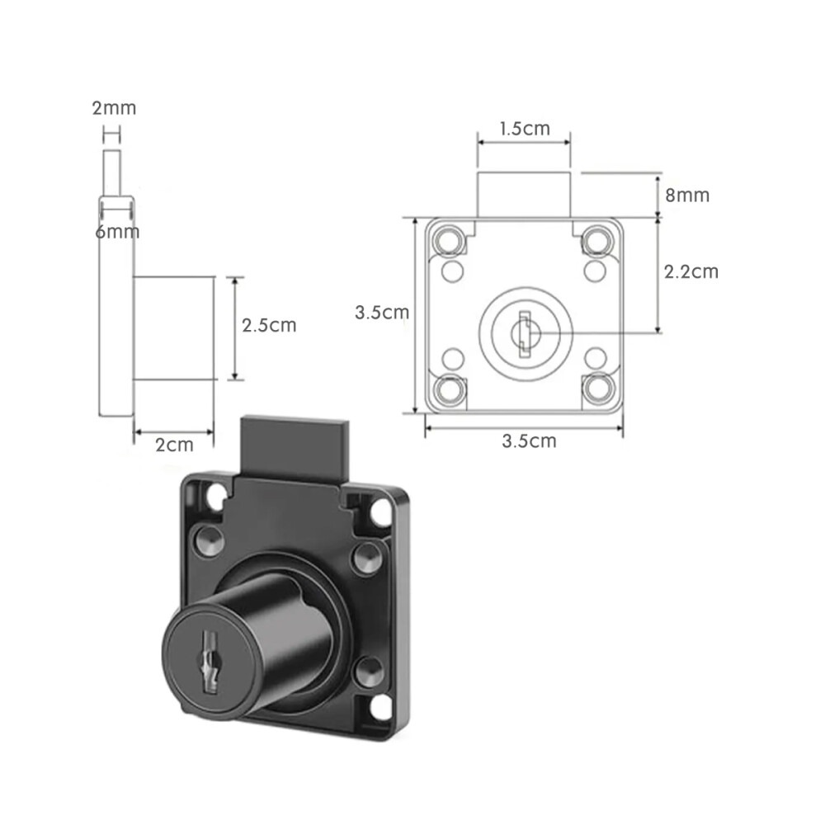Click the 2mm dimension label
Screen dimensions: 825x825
pyautogui.click(x=114, y=108)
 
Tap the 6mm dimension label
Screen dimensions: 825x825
pyautogui.click(x=117, y=232)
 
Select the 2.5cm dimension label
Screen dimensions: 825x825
pyautogui.click(x=269, y=326)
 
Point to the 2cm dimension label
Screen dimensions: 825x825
pyautogui.click(x=174, y=445)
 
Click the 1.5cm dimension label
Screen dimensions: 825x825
pyautogui.click(x=525, y=129)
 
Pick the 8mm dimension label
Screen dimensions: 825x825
pyautogui.click(x=687, y=196)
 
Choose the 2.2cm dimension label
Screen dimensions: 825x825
pyautogui.click(x=691, y=272)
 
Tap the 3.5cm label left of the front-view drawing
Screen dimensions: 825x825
pyautogui.click(x=382, y=313)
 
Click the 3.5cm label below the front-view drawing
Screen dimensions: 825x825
pyautogui.click(x=529, y=441)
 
